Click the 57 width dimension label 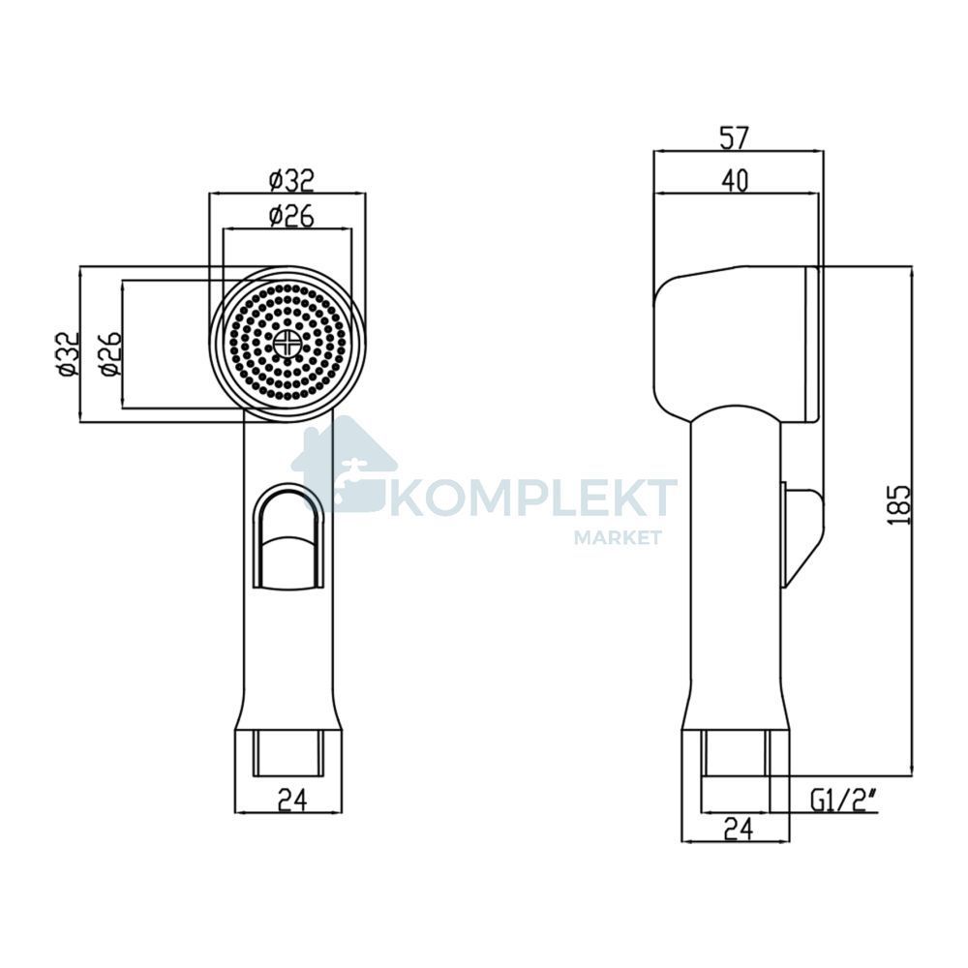coord(735,137)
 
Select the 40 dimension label coord(735,180)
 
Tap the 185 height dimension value coord(901,505)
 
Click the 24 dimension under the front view coord(292,800)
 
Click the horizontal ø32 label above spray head coord(292,180)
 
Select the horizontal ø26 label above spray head coord(292,216)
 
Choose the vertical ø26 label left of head coord(111,353)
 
